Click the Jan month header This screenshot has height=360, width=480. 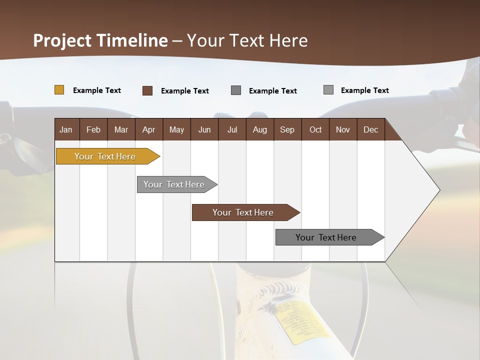tap(66, 129)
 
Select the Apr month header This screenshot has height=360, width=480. tap(148, 129)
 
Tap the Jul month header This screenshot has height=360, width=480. tap(232, 129)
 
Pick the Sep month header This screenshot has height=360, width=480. tap(287, 129)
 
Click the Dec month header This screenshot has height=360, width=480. tap(370, 129)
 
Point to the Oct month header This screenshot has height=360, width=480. tap(315, 129)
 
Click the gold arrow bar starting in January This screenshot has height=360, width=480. tap(105, 156)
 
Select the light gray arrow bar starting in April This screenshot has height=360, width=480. tap(174, 184)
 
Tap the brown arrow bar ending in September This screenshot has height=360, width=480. tap(243, 212)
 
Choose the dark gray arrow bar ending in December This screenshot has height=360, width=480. tap(326, 237)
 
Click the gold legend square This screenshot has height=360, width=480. tap(59, 90)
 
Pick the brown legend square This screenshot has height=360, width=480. tap(147, 90)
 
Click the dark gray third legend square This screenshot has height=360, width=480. tap(236, 90)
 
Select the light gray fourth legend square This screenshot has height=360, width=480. tap(328, 90)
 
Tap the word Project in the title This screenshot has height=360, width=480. tap(62, 40)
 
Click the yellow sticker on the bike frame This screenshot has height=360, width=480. tap(300, 320)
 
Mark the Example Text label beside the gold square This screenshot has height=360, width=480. tap(97, 90)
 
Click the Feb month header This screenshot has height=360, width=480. tap(93, 129)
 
